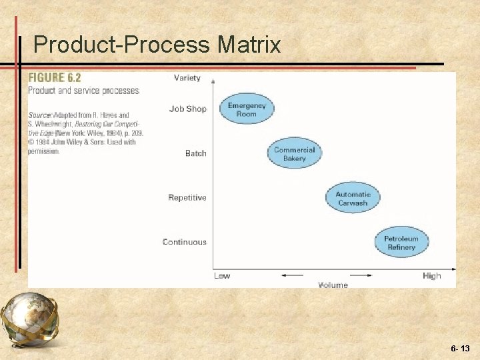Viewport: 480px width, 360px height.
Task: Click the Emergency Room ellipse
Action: tap(247, 109)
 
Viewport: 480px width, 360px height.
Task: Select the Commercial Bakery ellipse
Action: tap(294, 154)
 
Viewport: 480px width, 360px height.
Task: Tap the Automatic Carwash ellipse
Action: tap(353, 198)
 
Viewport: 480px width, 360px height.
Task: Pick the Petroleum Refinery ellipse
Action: tap(401, 243)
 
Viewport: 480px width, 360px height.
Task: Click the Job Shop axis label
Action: tap(188, 109)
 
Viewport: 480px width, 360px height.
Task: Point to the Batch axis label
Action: tap(196, 153)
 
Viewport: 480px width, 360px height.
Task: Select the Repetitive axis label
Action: tap(187, 198)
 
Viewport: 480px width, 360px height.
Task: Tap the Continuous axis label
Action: tap(185, 242)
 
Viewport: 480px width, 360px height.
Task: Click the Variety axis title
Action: tap(187, 78)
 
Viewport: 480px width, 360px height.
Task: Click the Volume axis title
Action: tap(333, 285)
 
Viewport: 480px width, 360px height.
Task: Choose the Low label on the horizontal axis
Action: tap(222, 275)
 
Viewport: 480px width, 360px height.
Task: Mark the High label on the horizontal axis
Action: tap(431, 275)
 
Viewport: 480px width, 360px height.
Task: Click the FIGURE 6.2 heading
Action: tap(55, 78)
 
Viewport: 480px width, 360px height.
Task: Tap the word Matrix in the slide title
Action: tap(249, 45)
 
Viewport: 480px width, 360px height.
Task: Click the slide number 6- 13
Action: tap(460, 348)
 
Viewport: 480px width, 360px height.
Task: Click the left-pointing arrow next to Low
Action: tap(293, 275)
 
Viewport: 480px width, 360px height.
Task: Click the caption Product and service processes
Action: tap(83, 91)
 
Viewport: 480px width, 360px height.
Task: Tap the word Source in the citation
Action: tap(39, 115)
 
